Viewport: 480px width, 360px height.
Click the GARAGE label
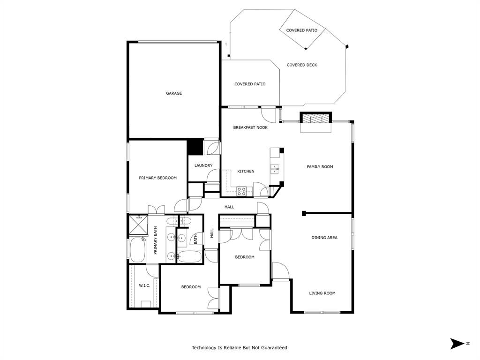[x=174, y=93]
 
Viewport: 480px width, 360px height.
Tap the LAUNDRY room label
[x=203, y=165]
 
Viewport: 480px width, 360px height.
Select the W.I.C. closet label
[x=144, y=285]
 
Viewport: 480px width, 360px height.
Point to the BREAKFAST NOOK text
[x=250, y=127]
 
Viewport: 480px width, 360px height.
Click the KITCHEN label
[x=246, y=172]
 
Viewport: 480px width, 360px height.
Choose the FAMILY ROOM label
[x=320, y=167]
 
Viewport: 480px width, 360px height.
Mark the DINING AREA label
[x=324, y=238]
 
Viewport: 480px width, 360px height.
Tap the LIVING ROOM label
[x=322, y=293]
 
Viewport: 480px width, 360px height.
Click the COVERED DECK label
[x=302, y=65]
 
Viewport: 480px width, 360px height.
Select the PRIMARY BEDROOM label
[x=157, y=178]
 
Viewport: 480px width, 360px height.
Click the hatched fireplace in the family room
[x=315, y=118]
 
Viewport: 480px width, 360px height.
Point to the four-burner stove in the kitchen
[x=241, y=191]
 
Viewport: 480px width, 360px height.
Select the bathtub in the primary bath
[x=137, y=250]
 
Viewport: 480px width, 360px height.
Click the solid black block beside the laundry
[x=195, y=147]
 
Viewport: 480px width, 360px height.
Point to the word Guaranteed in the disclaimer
[x=274, y=348]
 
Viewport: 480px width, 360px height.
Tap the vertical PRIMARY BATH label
[x=155, y=240]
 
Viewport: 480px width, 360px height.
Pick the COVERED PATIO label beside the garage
[x=250, y=84]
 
